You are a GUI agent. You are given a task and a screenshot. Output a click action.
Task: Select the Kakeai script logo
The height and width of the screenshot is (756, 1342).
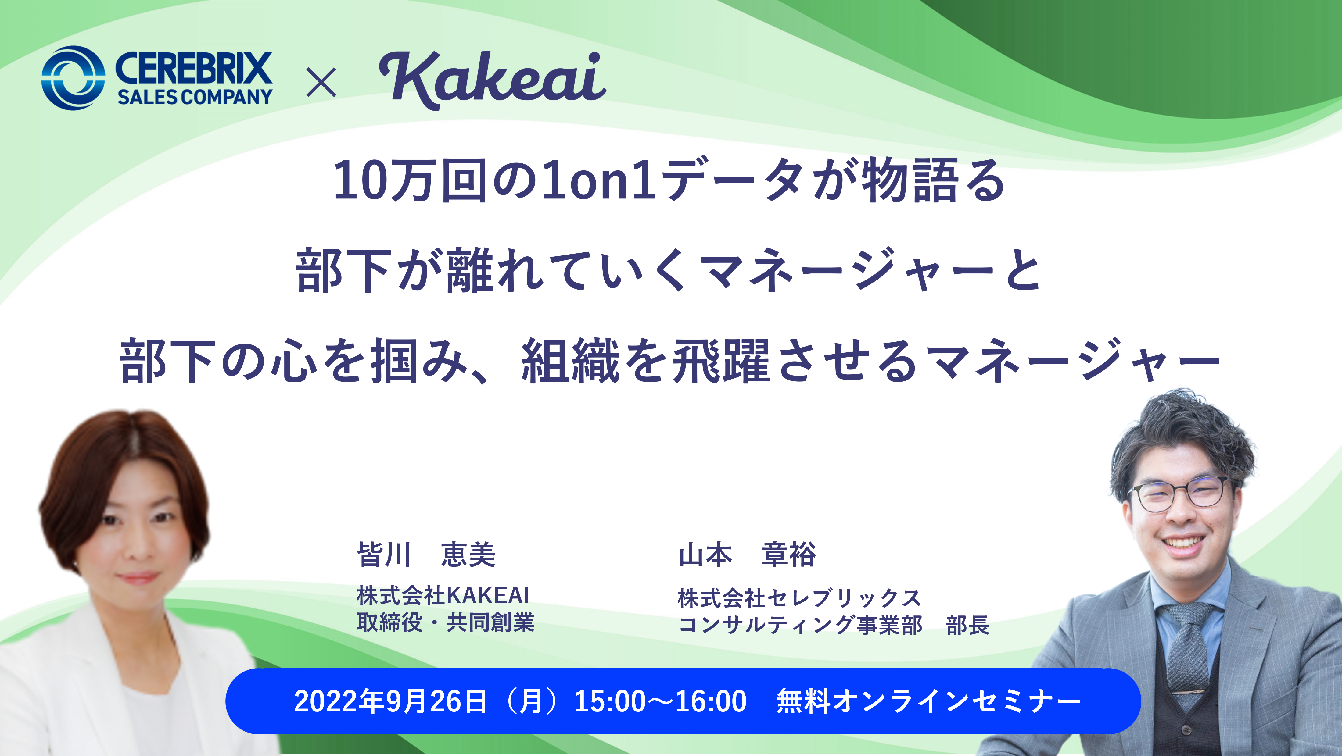point(492,80)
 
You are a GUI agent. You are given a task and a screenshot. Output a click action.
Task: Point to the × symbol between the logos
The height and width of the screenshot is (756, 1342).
point(321,83)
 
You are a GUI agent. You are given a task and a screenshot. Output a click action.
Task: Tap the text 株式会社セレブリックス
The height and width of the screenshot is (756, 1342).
point(800,598)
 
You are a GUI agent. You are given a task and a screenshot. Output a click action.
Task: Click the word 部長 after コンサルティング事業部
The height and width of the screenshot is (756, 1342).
point(967,625)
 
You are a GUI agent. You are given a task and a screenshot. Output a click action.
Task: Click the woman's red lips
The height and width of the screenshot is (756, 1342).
point(137,578)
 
